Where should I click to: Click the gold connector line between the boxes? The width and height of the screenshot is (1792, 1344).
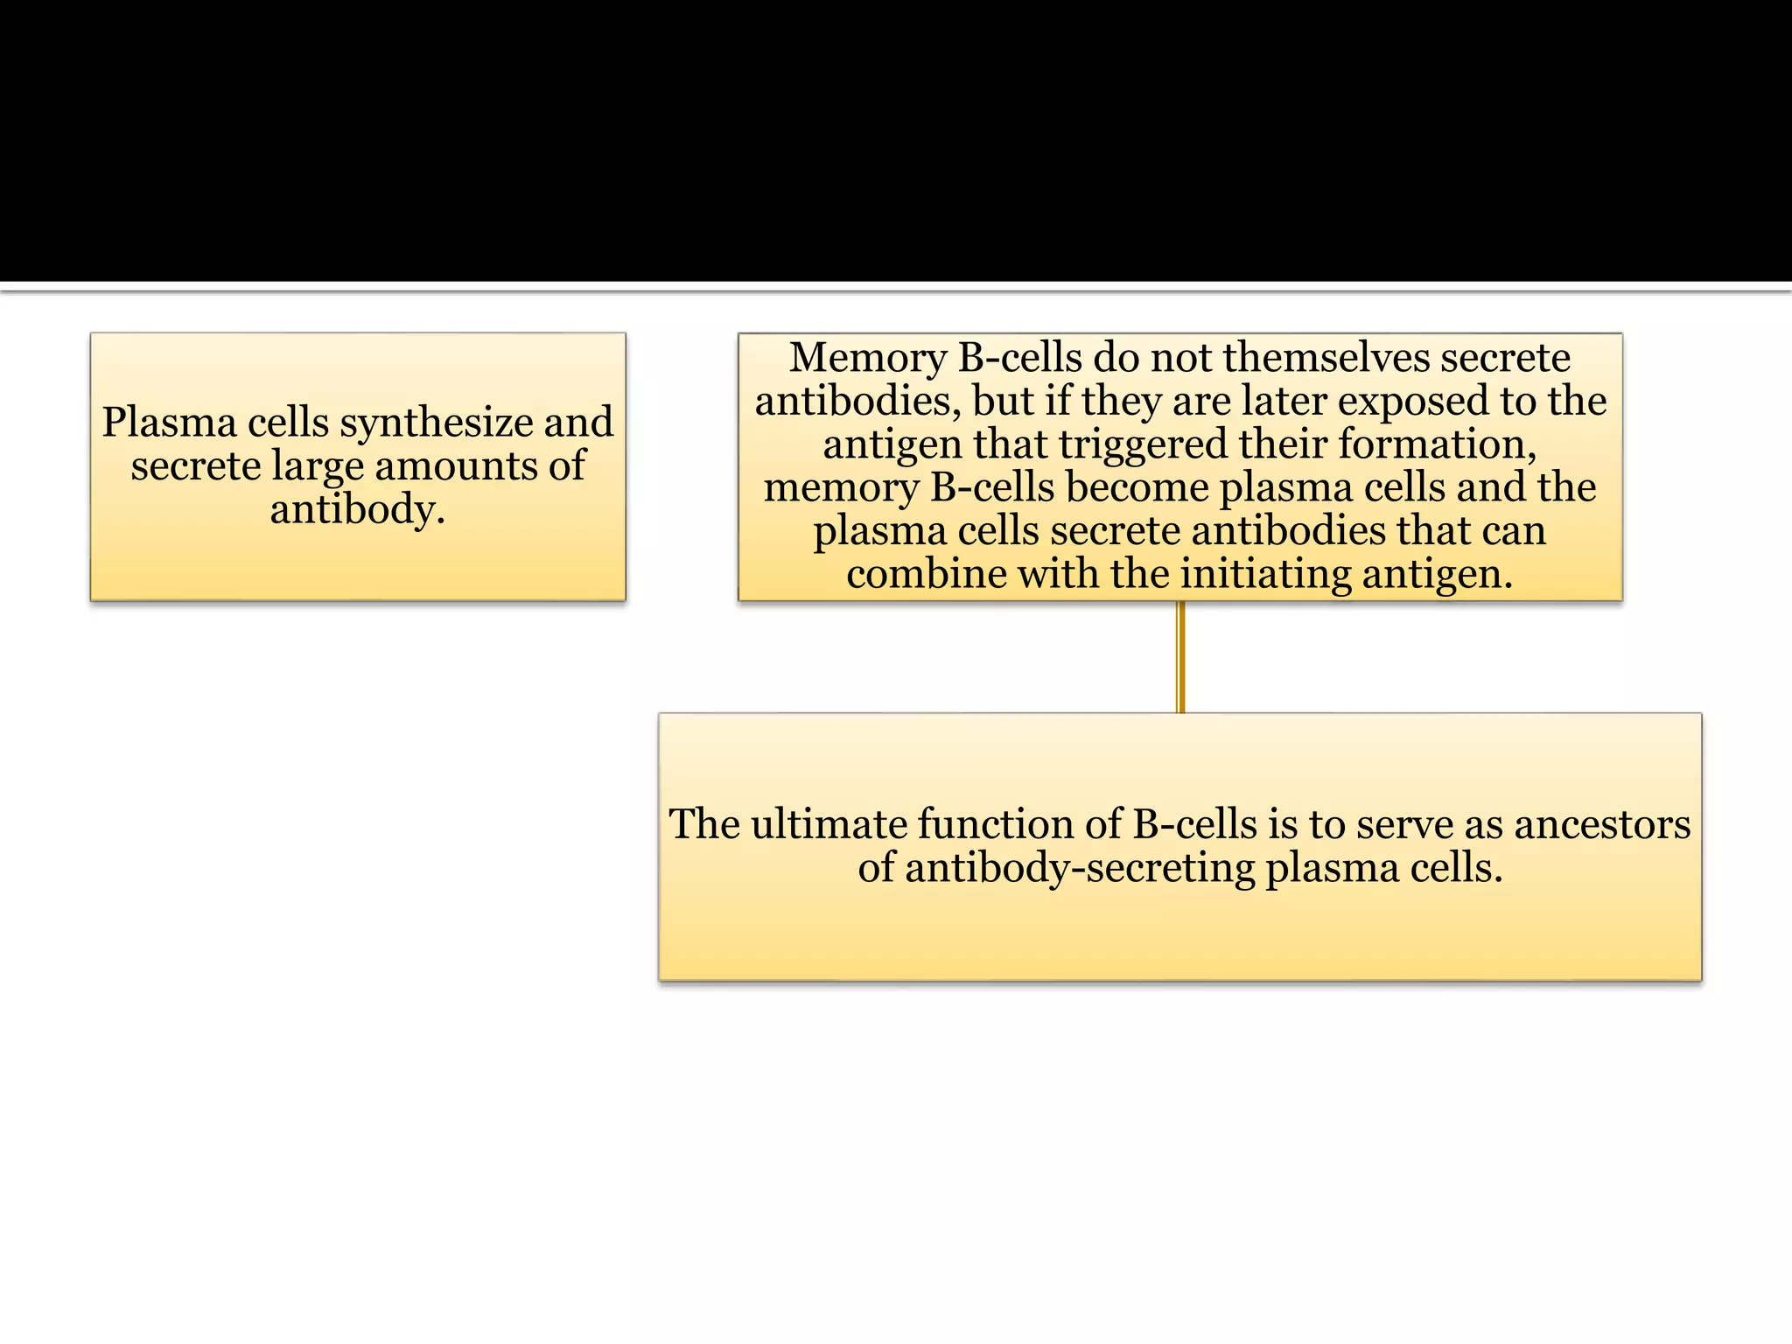click(x=1180, y=656)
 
